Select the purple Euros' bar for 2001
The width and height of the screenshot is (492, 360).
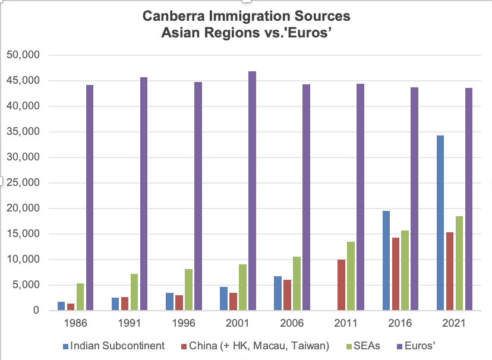pyautogui.click(x=252, y=191)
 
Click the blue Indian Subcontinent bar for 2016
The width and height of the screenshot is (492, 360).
pyautogui.click(x=386, y=261)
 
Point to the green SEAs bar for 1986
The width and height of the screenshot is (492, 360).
pyautogui.click(x=80, y=297)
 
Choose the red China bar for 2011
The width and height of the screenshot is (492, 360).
pyautogui.click(x=342, y=285)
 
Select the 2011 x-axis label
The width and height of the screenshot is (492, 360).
pyautogui.click(x=345, y=324)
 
